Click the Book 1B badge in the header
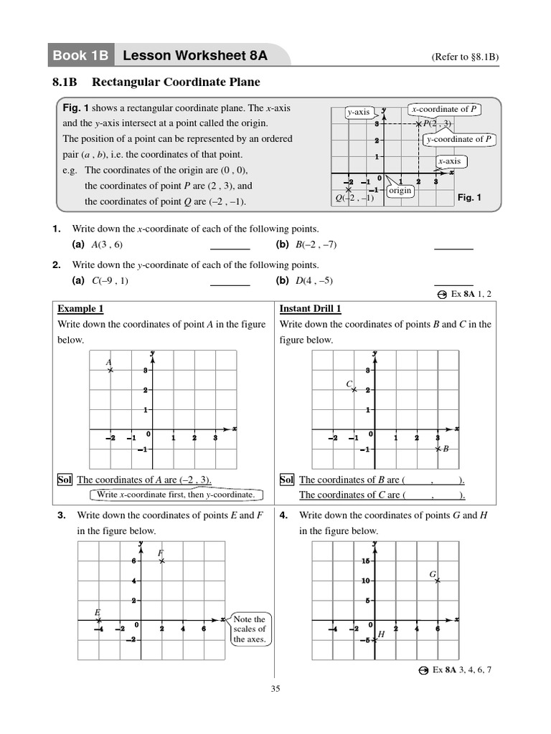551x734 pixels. pyautogui.click(x=82, y=56)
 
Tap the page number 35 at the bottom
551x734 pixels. pyautogui.click(x=275, y=689)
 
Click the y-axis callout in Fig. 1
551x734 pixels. pyautogui.click(x=359, y=112)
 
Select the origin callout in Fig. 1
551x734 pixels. pyautogui.click(x=400, y=191)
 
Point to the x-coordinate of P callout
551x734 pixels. pyautogui.click(x=444, y=109)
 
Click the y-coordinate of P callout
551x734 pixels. pyautogui.click(x=459, y=139)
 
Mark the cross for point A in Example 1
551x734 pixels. pyautogui.click(x=110, y=370)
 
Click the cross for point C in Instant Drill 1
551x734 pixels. pyautogui.click(x=353, y=390)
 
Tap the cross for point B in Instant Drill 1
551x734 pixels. pyautogui.click(x=438, y=449)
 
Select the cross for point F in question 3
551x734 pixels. pyautogui.click(x=162, y=561)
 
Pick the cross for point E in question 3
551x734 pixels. pyautogui.click(x=99, y=619)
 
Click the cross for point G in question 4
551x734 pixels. pyautogui.click(x=438, y=581)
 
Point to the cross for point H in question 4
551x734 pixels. pyautogui.click(x=374, y=640)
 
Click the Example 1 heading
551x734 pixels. pyautogui.click(x=80, y=309)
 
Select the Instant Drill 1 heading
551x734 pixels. pyautogui.click(x=310, y=309)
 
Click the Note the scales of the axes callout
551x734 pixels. pyautogui.click(x=250, y=629)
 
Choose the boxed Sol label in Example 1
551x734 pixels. pyautogui.click(x=65, y=480)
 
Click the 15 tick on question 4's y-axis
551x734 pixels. pyautogui.click(x=365, y=561)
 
